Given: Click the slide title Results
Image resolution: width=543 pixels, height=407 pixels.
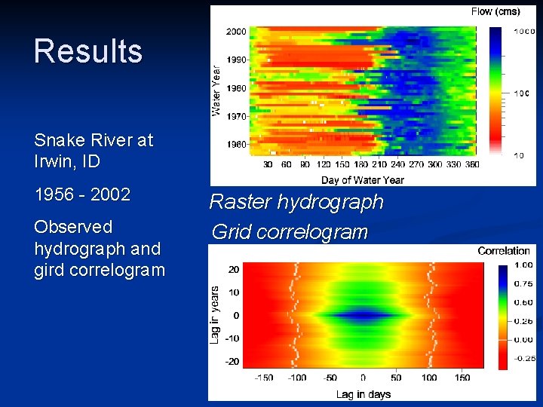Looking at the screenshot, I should click(x=88, y=51).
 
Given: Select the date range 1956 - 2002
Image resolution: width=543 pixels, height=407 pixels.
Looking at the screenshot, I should click(x=82, y=194).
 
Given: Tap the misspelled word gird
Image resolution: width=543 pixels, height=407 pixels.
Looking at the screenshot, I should click(x=51, y=271).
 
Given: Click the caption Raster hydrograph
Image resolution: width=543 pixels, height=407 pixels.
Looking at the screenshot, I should click(x=296, y=202).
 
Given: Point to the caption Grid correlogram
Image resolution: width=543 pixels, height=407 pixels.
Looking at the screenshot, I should click(x=290, y=231).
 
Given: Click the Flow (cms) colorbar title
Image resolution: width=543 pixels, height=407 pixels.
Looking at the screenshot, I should click(x=495, y=11).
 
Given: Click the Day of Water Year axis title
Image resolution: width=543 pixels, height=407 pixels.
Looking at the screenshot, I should click(x=362, y=180).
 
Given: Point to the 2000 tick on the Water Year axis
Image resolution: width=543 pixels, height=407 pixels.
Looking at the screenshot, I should click(x=235, y=31).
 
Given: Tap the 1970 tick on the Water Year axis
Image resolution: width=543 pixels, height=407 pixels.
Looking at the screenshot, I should click(x=235, y=116).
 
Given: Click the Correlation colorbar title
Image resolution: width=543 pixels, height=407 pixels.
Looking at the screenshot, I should click(x=504, y=251).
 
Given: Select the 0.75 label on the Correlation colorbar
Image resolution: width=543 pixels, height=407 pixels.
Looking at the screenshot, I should click(x=523, y=283).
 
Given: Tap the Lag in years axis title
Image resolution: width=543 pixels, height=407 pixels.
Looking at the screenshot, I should click(x=216, y=315).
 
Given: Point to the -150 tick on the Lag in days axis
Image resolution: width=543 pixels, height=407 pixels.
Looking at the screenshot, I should click(x=263, y=378).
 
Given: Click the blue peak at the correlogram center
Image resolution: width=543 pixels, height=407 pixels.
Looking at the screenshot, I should click(x=363, y=315).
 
